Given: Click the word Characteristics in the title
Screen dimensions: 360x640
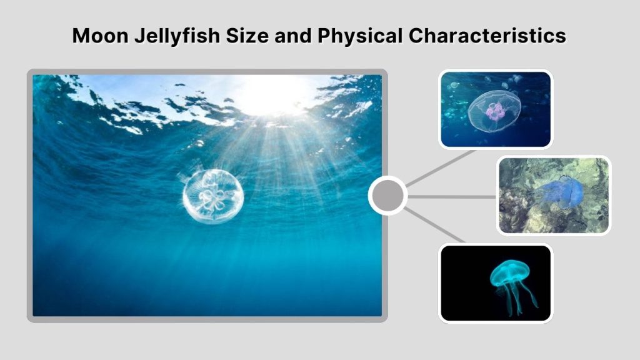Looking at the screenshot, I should [x=487, y=36].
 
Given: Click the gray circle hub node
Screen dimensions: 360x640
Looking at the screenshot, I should [x=387, y=196].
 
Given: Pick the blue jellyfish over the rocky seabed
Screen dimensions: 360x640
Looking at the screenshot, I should [x=560, y=192].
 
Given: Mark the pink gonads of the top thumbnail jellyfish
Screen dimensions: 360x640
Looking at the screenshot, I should [x=496, y=112].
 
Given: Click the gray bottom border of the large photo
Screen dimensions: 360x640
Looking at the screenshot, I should [x=206, y=319].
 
